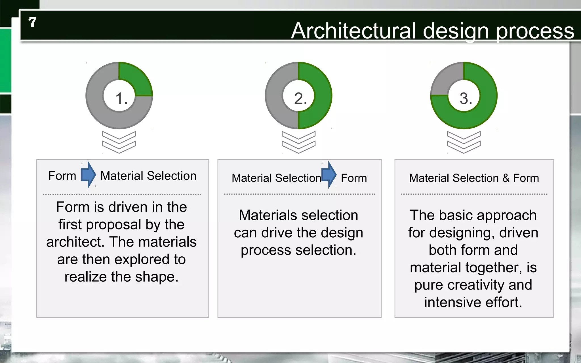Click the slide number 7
click(x=32, y=22)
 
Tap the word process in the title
click(x=535, y=31)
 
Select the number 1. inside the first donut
click(x=121, y=98)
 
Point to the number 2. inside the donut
click(x=300, y=98)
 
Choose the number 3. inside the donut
click(x=466, y=98)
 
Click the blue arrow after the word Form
click(x=88, y=175)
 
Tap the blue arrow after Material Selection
click(x=329, y=175)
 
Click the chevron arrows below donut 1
click(x=119, y=142)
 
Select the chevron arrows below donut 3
click(x=464, y=142)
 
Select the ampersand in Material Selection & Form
click(x=506, y=178)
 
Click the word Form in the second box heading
click(x=354, y=178)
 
